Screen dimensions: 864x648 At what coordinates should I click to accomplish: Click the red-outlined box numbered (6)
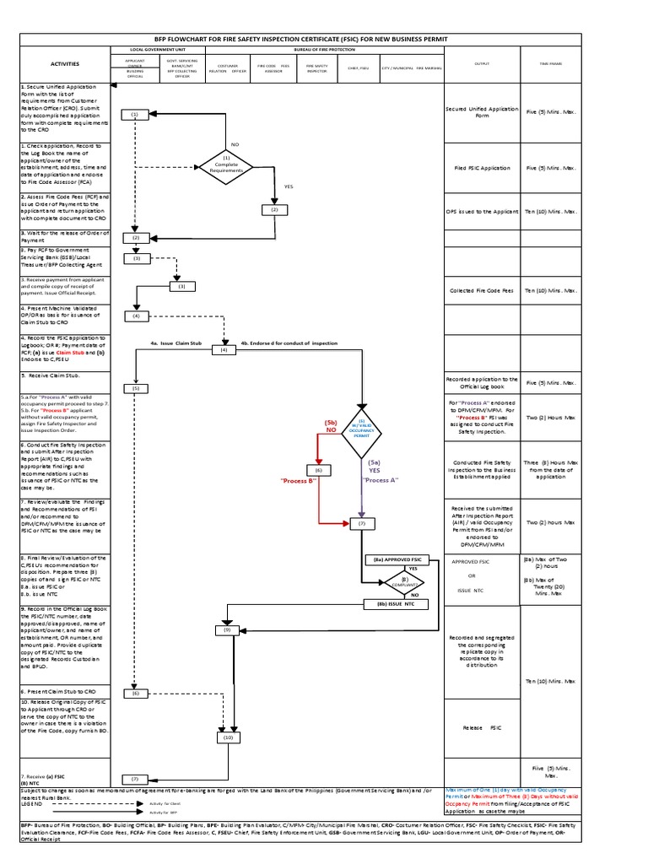(319, 469)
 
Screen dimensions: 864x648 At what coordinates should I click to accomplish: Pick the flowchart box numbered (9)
(227, 629)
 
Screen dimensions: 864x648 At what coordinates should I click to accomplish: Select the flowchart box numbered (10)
(227, 737)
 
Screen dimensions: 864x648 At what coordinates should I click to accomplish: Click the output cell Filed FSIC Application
(482, 168)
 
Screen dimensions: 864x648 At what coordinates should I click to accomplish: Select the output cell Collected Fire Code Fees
(482, 291)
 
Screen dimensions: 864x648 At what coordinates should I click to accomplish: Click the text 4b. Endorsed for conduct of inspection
(289, 343)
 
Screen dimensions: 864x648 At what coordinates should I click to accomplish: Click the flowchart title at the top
(324, 39)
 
